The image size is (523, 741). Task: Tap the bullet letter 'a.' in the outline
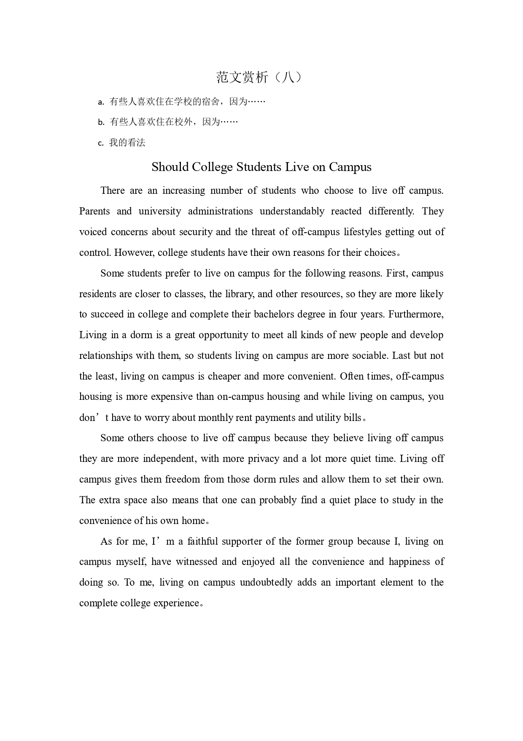tap(101, 102)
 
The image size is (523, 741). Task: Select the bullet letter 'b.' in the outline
tap(101, 123)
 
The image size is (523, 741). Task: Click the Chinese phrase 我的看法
tap(127, 143)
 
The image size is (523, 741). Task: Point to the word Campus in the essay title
tap(350, 167)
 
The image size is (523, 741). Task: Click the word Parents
tap(94, 211)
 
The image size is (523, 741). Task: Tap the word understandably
tap(292, 211)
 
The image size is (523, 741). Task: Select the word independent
tap(169, 459)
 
